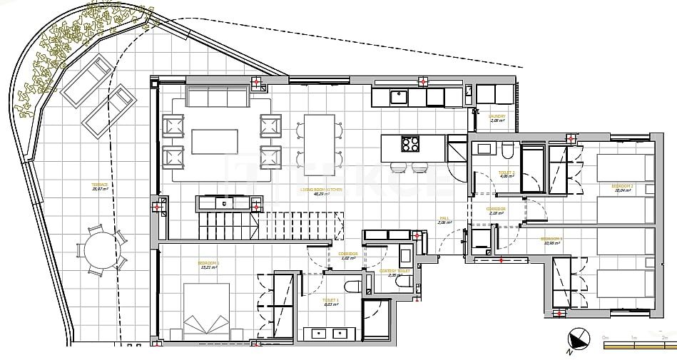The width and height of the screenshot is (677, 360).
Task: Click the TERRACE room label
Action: click(100, 185)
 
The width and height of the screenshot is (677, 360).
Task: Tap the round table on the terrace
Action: click(99, 250)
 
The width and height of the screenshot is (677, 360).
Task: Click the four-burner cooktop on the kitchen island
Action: click(412, 145)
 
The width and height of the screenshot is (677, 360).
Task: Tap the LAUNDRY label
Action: click(497, 116)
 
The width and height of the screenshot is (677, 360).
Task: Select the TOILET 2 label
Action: click(507, 173)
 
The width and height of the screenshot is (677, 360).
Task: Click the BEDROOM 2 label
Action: click(622, 187)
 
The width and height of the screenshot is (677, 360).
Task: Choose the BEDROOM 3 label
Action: click(551, 240)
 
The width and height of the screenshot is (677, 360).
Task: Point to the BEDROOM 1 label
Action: click(209, 263)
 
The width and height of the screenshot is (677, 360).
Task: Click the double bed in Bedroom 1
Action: click(206, 311)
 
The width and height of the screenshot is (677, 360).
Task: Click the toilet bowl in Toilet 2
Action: click(507, 151)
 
